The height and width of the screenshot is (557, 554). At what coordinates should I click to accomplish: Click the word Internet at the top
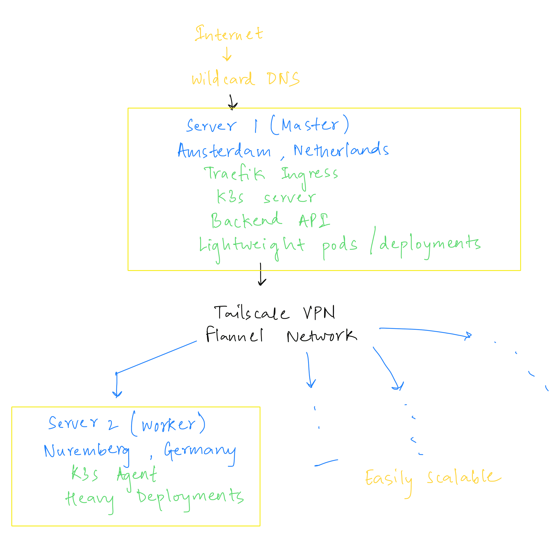pyautogui.click(x=229, y=34)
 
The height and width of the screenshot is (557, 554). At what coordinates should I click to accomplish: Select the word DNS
pyautogui.click(x=283, y=79)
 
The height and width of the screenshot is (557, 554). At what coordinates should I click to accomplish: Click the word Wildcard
pyautogui.click(x=223, y=79)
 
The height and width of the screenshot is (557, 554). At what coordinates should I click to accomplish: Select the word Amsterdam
pyautogui.click(x=224, y=151)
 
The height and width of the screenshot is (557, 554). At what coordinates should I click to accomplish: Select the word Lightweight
pyautogui.click(x=252, y=246)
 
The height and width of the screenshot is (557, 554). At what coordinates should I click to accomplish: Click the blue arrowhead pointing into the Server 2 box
pyautogui.click(x=117, y=394)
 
